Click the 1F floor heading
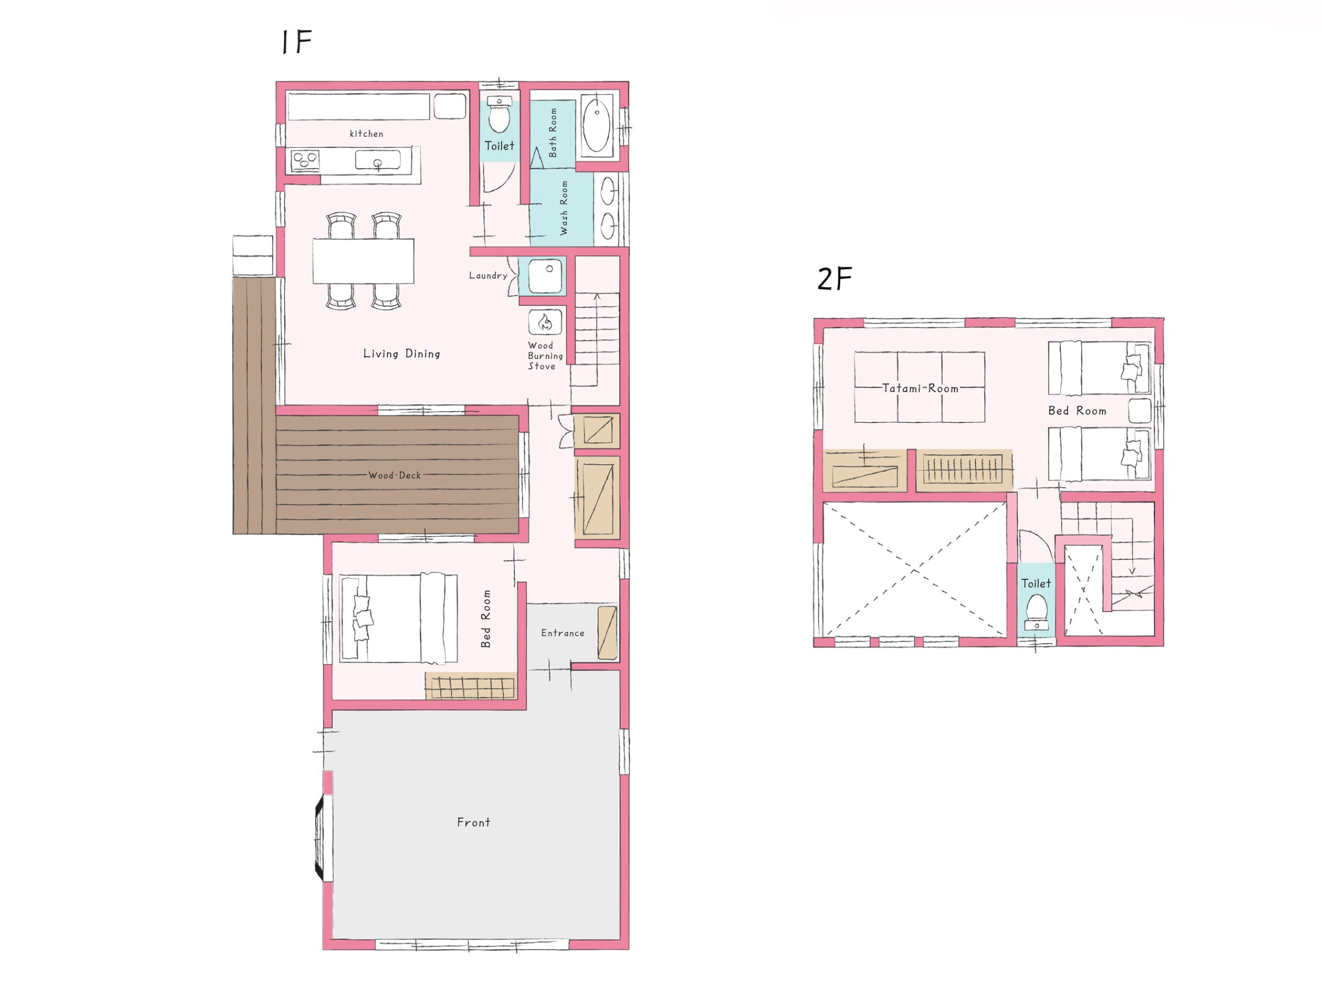click(x=296, y=41)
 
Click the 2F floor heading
click(x=835, y=279)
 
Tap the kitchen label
click(x=366, y=133)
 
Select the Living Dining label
click(x=402, y=353)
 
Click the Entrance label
click(x=562, y=633)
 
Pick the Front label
click(x=473, y=822)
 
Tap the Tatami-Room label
click(x=920, y=388)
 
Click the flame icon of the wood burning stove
click(x=545, y=323)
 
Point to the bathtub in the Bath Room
click(x=597, y=125)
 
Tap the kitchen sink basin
click(x=378, y=160)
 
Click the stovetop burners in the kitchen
click(x=305, y=160)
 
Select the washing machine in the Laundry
click(x=545, y=276)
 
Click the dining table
click(x=364, y=261)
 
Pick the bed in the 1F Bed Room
click(x=399, y=618)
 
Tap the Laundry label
click(x=488, y=276)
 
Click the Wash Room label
click(x=564, y=208)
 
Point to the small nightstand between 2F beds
click(x=1140, y=411)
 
